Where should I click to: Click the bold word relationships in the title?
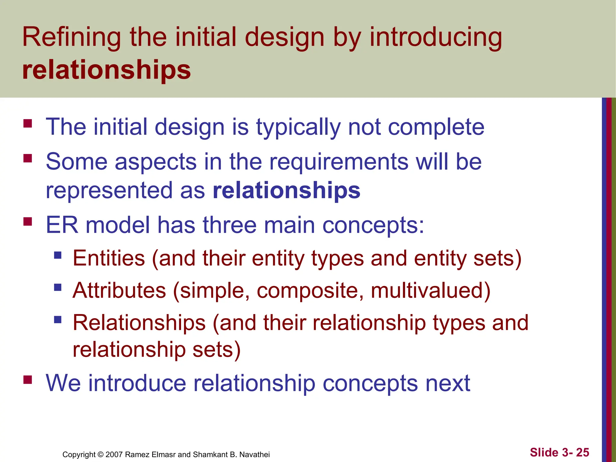click(x=106, y=70)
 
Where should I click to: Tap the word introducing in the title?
click(x=436, y=38)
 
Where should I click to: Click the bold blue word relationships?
click(x=286, y=190)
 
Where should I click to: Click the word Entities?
click(x=109, y=258)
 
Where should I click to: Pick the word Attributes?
click(x=119, y=291)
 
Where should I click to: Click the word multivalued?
click(x=430, y=291)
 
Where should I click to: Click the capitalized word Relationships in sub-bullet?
click(x=139, y=323)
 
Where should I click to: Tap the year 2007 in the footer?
click(x=114, y=454)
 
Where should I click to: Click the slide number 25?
click(x=583, y=452)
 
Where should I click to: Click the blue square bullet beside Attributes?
click(x=58, y=287)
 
